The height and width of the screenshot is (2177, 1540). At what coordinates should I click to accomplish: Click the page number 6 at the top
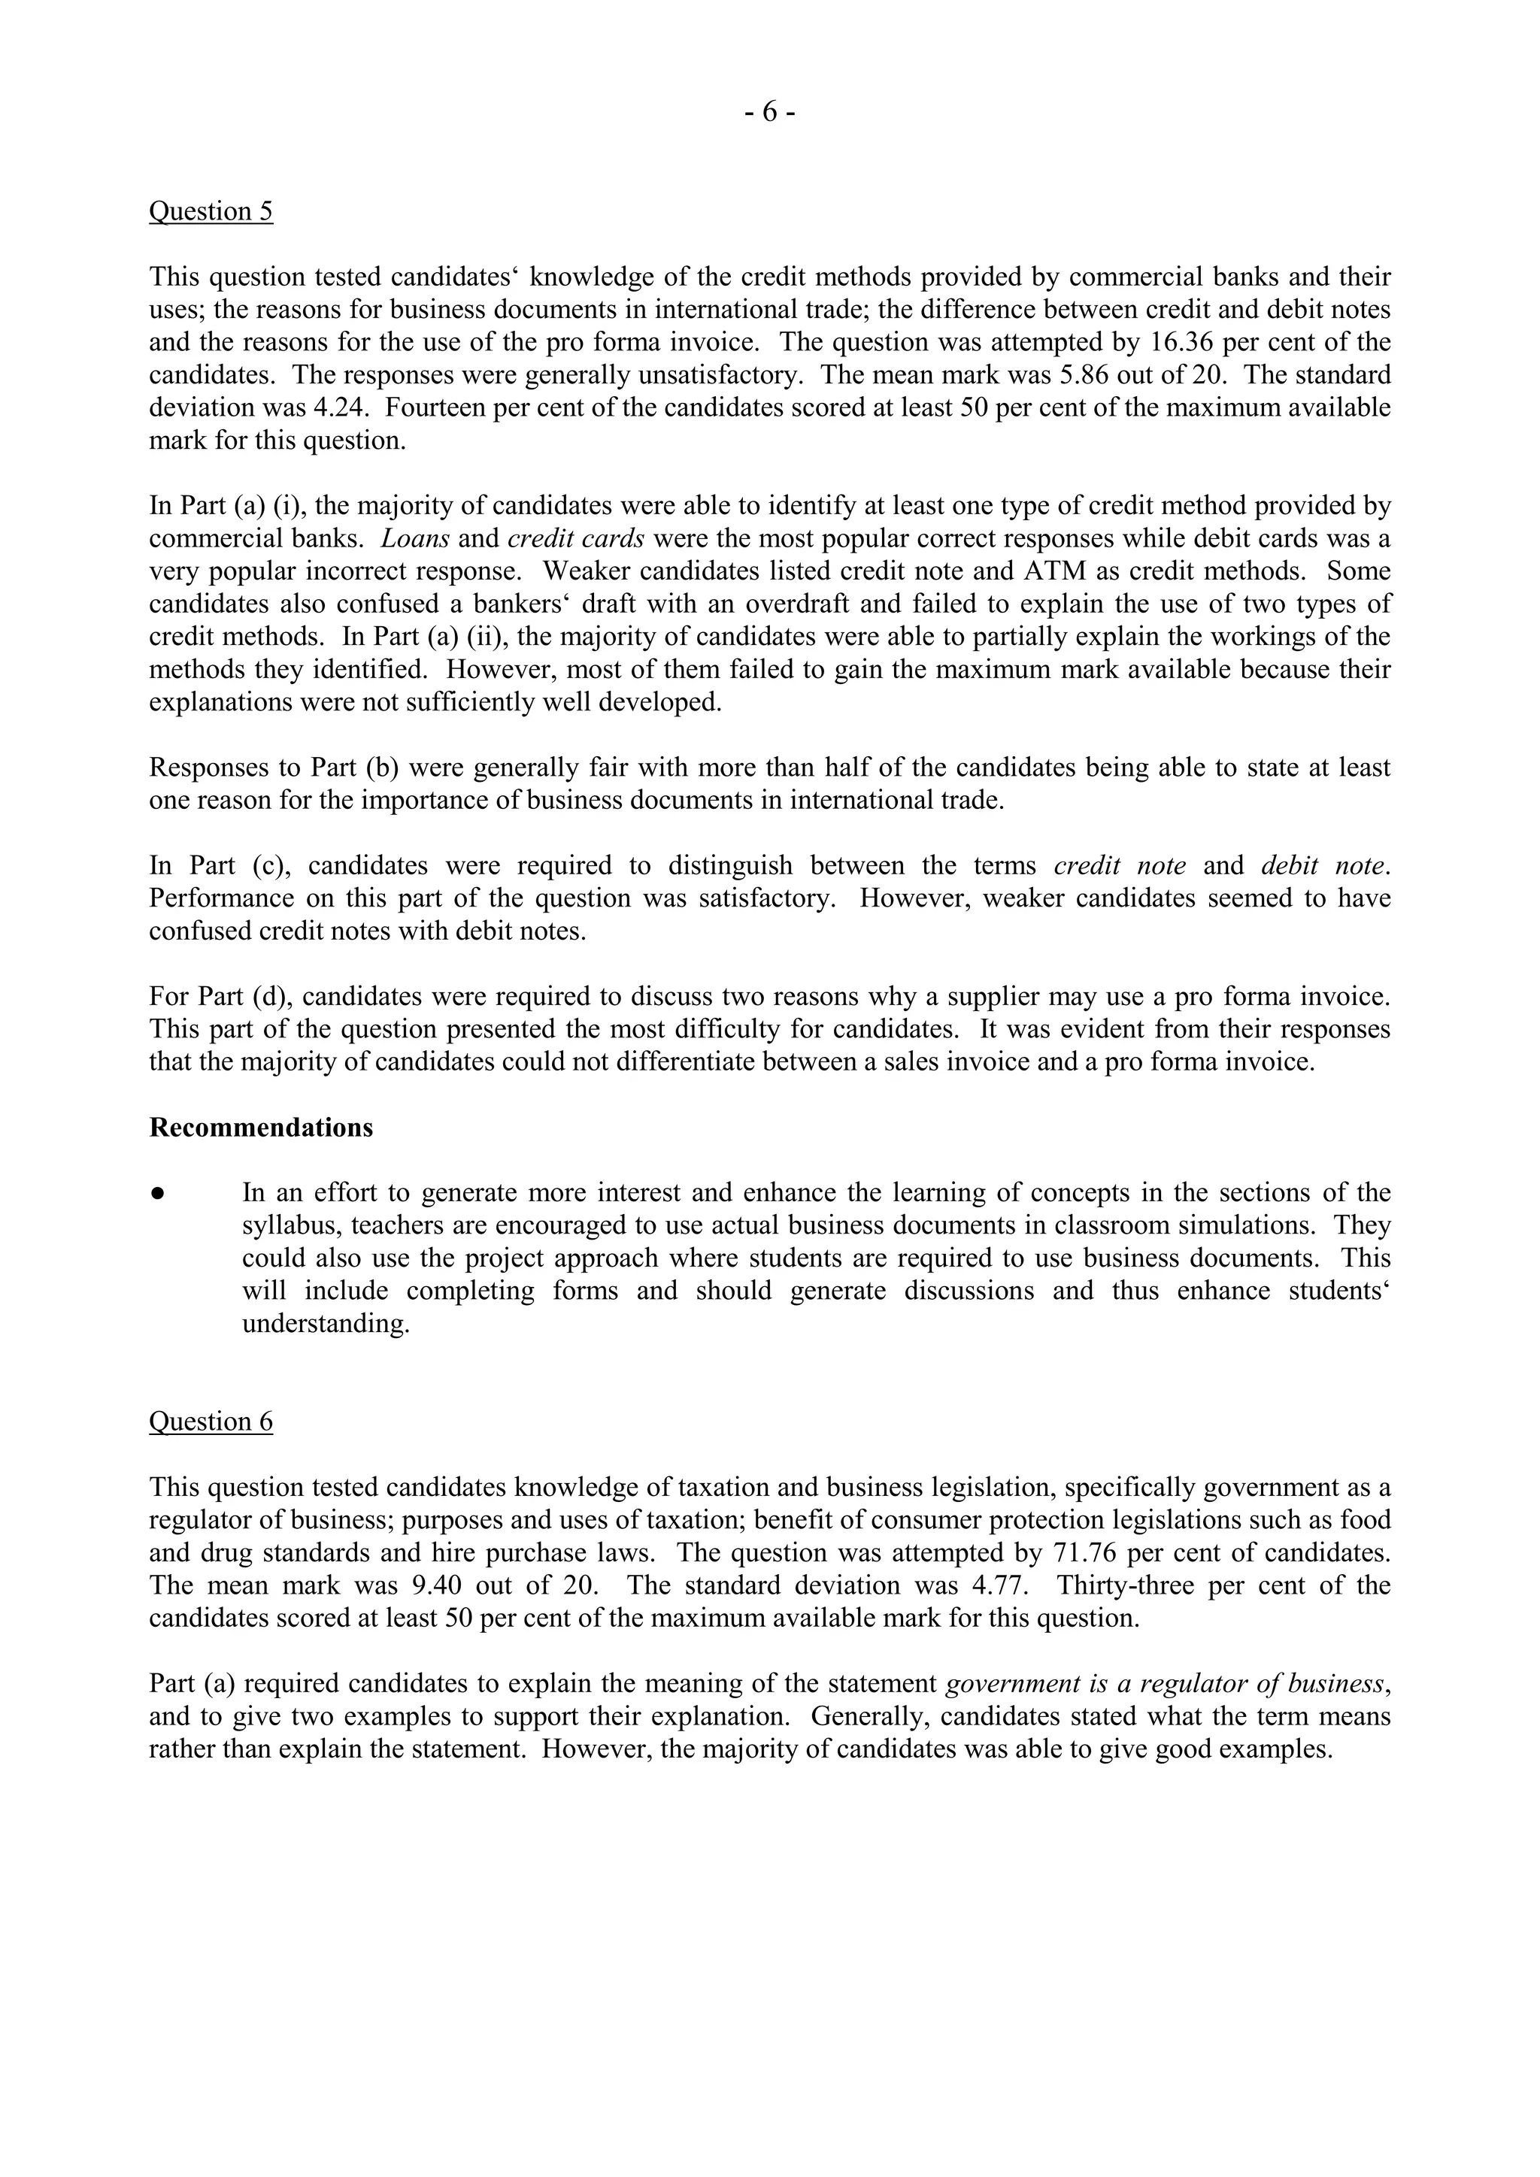tap(769, 112)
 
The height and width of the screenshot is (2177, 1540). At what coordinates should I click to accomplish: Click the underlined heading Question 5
tap(211, 210)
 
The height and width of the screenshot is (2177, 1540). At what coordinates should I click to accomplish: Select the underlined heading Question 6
tap(211, 1422)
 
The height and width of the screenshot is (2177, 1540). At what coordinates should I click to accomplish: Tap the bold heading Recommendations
tap(261, 1128)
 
